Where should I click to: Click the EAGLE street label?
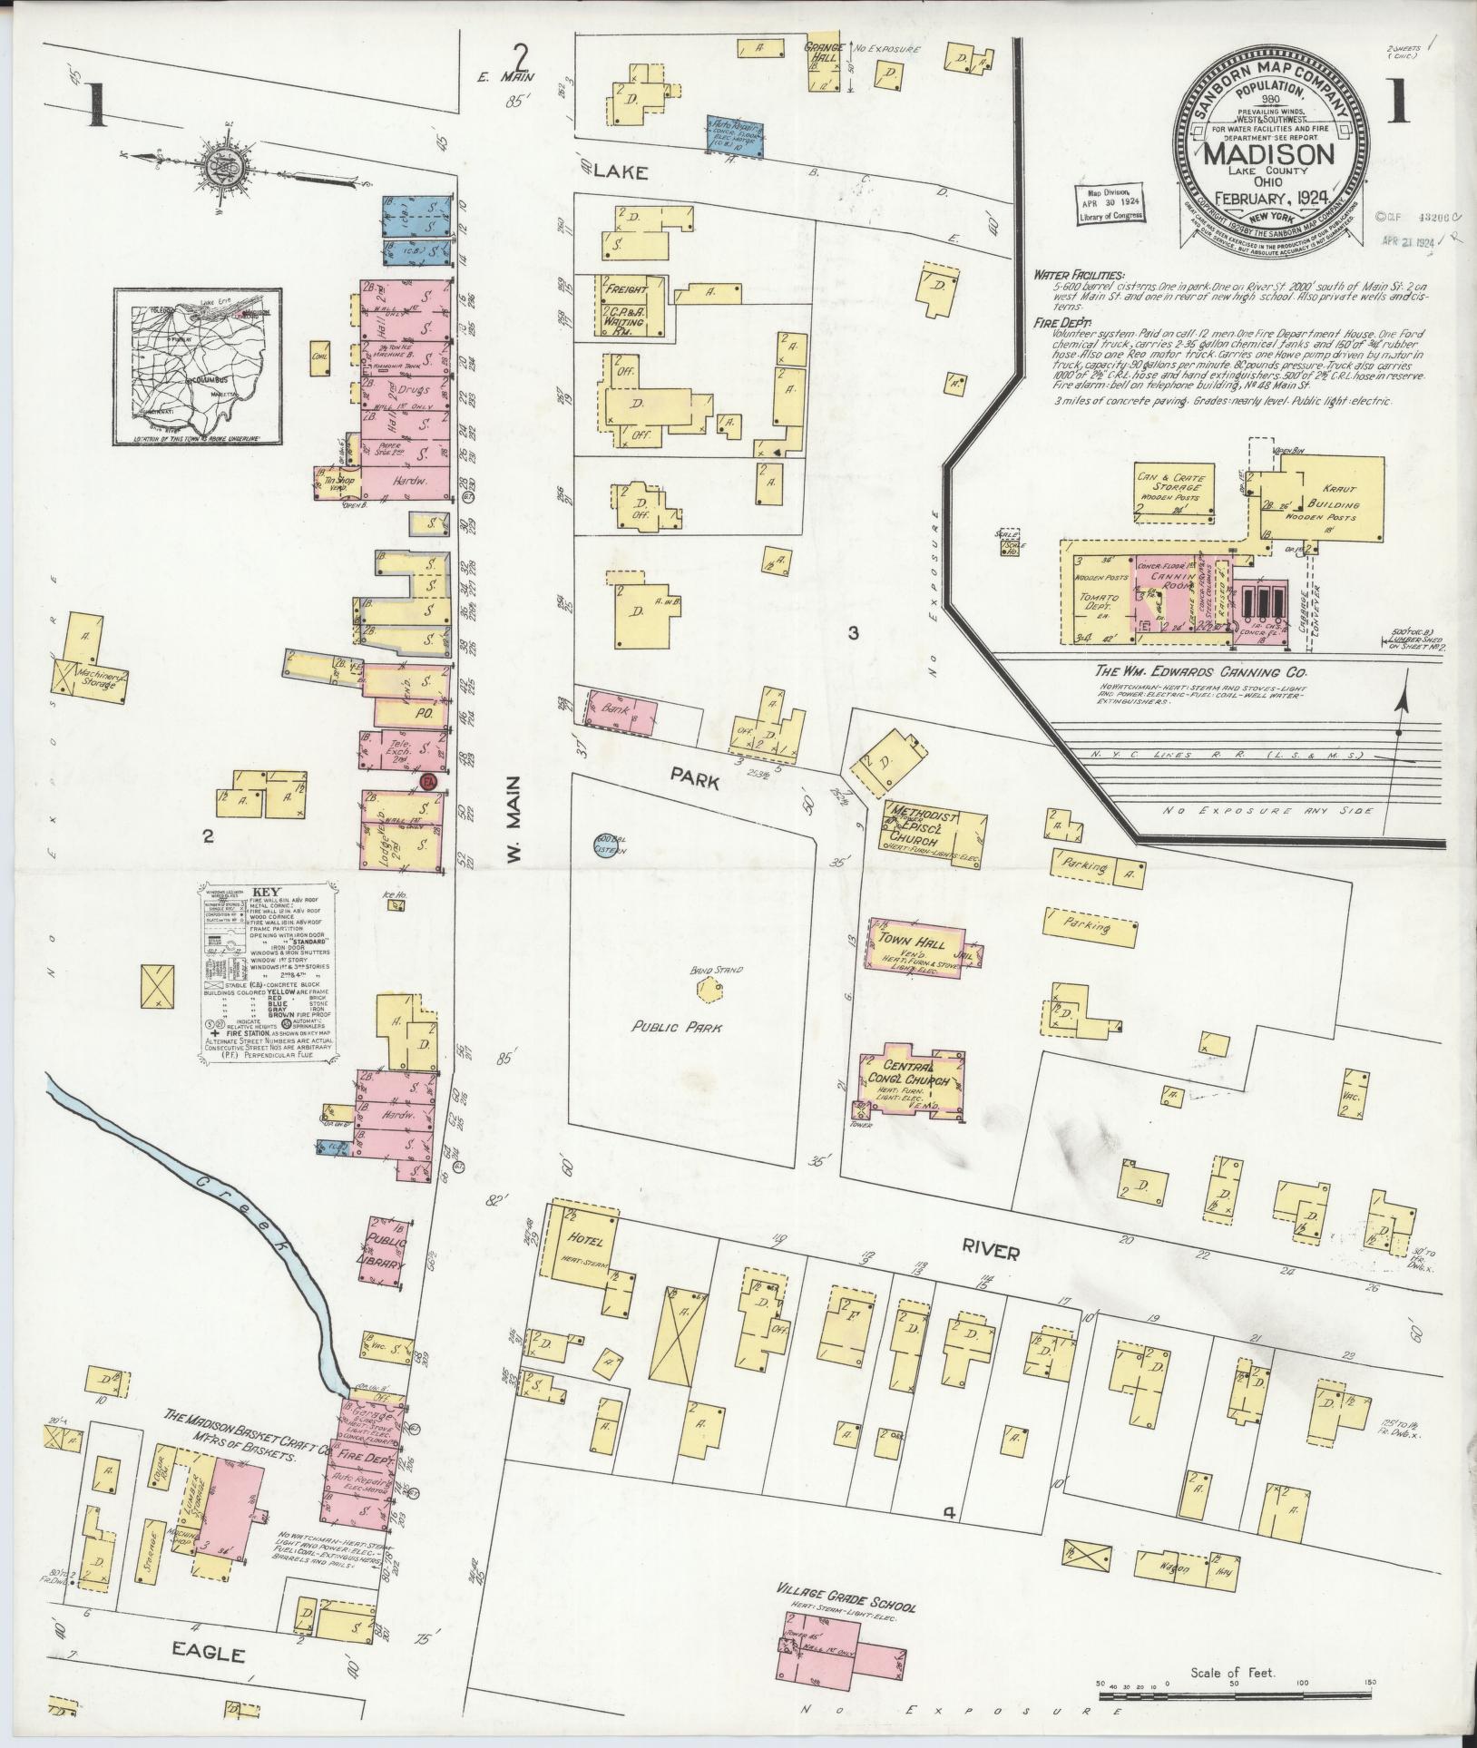[x=209, y=1655]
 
